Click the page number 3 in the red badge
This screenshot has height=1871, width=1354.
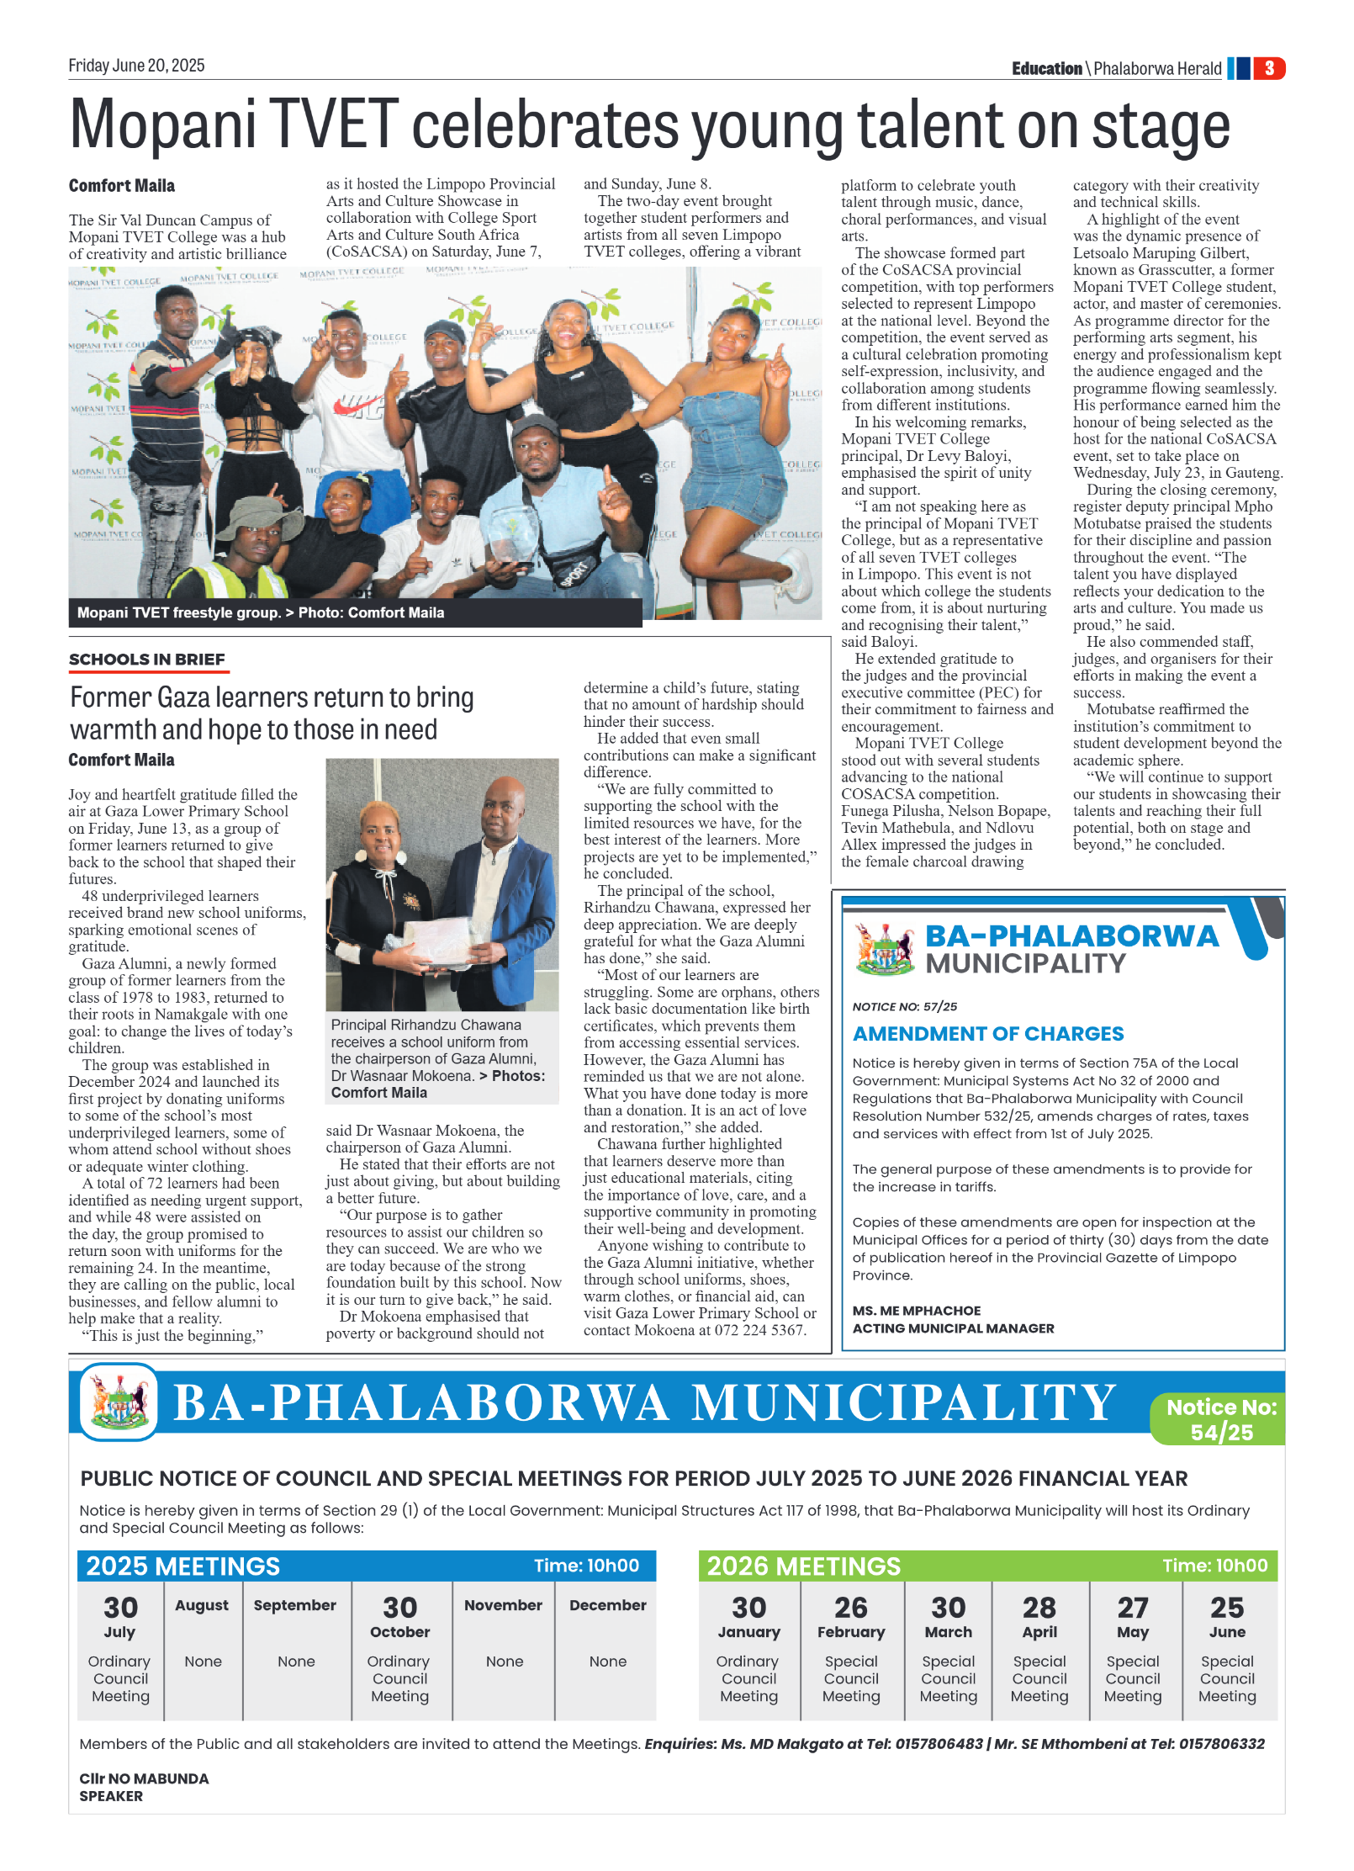tap(1268, 68)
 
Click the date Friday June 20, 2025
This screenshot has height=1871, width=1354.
tap(136, 66)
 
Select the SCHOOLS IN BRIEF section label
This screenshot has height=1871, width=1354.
tap(147, 660)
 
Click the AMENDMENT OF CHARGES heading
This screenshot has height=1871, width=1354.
tap(988, 1034)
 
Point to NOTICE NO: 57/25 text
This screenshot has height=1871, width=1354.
tap(905, 1006)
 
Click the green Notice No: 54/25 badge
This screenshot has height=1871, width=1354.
tap(1221, 1419)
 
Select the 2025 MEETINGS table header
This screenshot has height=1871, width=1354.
tap(183, 1566)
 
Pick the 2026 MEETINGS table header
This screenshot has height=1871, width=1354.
tap(804, 1566)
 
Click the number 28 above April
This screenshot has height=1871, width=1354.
tap(1039, 1609)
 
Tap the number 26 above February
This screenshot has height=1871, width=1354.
tap(851, 1609)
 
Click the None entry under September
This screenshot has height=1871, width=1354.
tap(296, 1662)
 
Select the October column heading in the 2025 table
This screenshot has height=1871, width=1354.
tap(400, 1632)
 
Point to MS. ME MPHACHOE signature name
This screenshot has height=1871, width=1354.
tap(917, 1311)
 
